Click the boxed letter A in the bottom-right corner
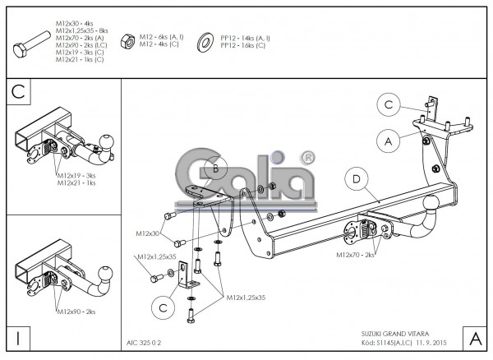pos(474,338)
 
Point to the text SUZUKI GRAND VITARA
pos(394,334)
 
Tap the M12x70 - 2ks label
pos(356,256)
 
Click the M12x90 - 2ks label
pos(76,312)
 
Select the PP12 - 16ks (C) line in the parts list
pos(243,44)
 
